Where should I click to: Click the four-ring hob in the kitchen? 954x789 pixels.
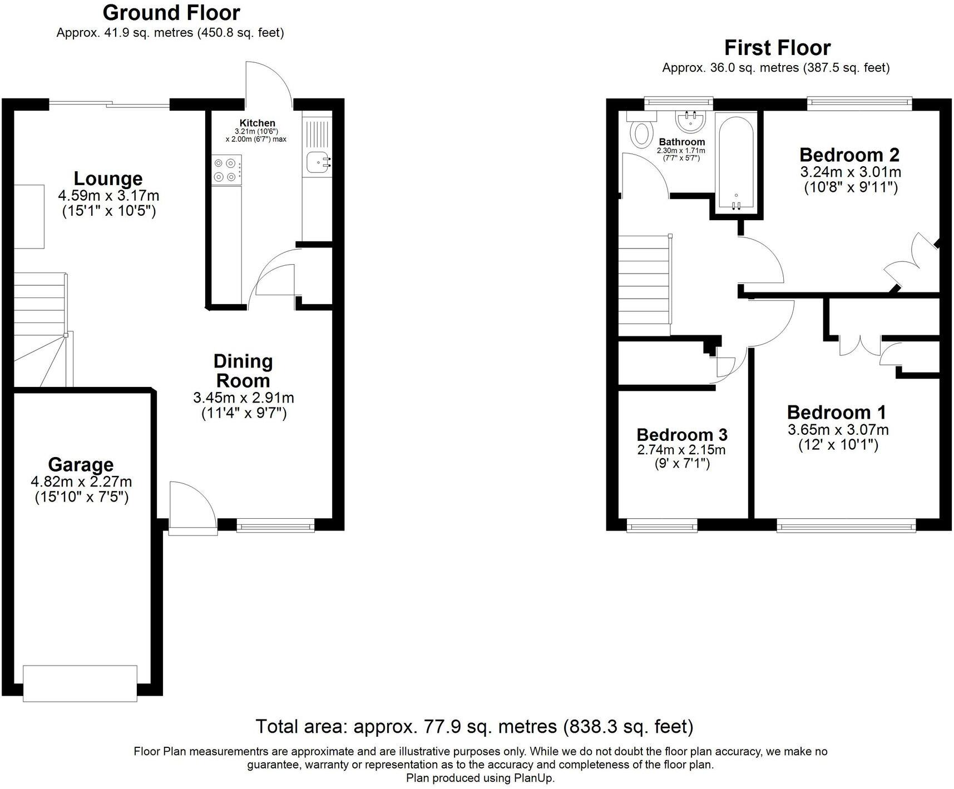226,170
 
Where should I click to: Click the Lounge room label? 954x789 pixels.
108,179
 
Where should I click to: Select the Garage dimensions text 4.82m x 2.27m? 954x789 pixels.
81,482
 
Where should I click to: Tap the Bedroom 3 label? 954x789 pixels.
681,434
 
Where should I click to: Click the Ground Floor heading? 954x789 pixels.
171,12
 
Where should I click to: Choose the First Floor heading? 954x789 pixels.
777,48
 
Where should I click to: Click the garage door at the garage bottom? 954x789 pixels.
80,683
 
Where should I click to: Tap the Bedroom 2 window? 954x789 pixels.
859,102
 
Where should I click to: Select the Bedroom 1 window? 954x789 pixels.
846,525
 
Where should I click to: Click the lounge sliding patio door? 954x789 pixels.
110,103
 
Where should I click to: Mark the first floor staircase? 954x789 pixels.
644,285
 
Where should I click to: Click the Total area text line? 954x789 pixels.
474,726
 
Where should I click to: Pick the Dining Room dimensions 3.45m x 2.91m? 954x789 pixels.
243,398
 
